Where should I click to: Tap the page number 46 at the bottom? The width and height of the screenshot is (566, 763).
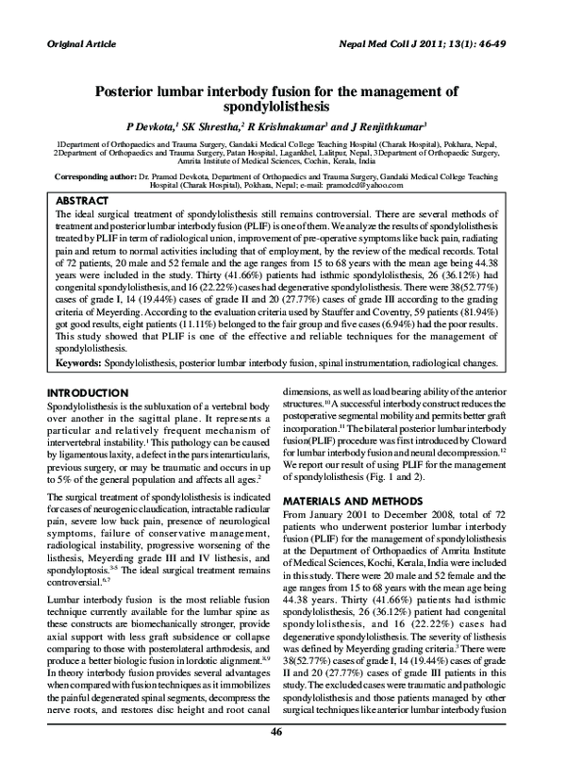(276, 734)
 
